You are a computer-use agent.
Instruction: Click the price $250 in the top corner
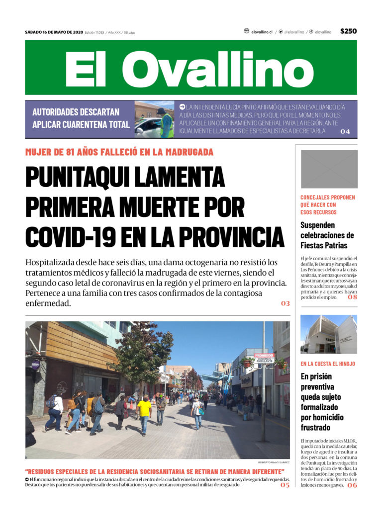tap(348, 31)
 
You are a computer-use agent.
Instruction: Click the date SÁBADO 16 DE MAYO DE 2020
tap(54, 32)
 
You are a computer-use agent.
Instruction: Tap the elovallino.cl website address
tap(262, 32)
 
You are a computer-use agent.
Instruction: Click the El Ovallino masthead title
tap(191, 68)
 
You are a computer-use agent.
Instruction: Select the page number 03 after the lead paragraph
tap(285, 303)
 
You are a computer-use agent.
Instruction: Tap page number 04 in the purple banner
tap(345, 132)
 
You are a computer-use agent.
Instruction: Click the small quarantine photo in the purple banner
tap(154, 119)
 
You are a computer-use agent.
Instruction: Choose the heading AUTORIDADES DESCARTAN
tap(76, 112)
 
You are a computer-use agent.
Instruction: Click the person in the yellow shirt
tap(144, 410)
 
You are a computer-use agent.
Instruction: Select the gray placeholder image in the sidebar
tap(329, 169)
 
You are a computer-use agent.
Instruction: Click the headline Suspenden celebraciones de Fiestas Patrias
tap(327, 235)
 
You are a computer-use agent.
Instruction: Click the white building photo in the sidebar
tap(329, 334)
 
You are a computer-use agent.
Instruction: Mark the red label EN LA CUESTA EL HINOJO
tap(328, 364)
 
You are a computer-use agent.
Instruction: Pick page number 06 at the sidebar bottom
tap(352, 485)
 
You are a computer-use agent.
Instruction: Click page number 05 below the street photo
tap(285, 485)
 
